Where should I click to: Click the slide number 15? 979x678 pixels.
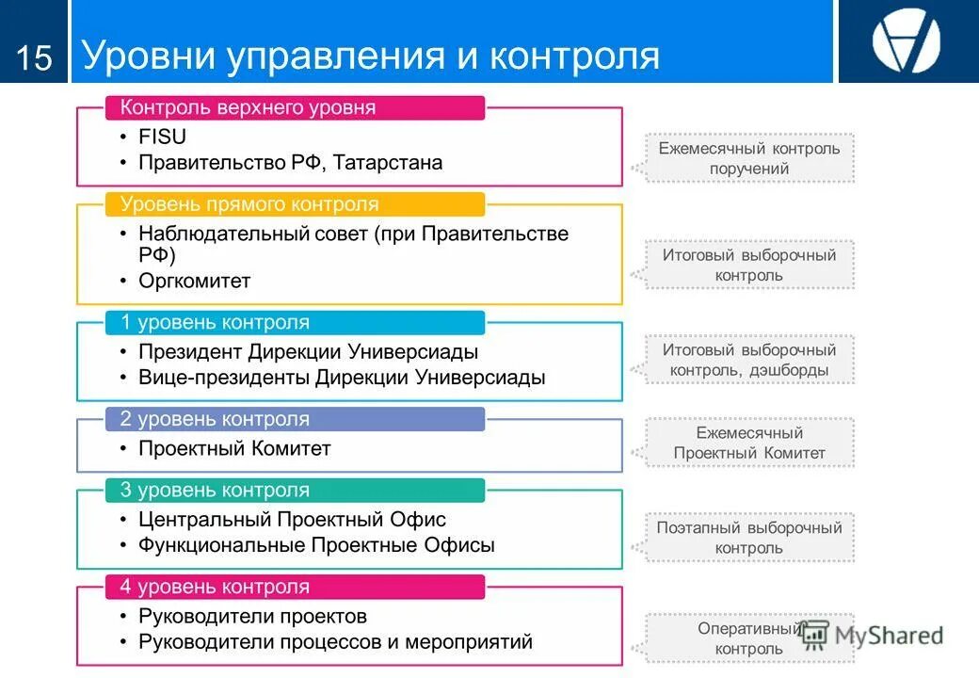point(34,58)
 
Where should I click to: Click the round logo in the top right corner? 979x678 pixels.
point(906,42)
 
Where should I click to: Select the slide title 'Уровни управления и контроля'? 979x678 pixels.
point(371,56)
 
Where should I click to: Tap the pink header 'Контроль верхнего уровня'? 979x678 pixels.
point(248,108)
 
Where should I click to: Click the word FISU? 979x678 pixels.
point(162,136)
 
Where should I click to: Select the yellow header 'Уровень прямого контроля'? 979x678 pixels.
point(249,204)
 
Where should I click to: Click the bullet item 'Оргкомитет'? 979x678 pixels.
point(194,281)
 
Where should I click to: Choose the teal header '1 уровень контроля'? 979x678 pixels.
point(215,323)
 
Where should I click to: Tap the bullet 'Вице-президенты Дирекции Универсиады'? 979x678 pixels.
point(342,378)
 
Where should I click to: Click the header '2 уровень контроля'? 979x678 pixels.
point(215,419)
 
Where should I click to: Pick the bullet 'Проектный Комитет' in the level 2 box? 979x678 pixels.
point(234,448)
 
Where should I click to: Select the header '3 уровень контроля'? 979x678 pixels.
point(215,491)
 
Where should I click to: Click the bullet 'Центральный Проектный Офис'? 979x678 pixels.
point(292,519)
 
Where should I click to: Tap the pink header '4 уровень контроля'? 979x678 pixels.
point(215,587)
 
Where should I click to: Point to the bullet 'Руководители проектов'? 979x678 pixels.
point(252,617)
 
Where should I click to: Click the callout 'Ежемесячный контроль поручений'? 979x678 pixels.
point(749,158)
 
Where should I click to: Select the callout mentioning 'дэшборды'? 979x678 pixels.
point(749,360)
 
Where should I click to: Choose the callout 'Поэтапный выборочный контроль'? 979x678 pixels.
point(749,538)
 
